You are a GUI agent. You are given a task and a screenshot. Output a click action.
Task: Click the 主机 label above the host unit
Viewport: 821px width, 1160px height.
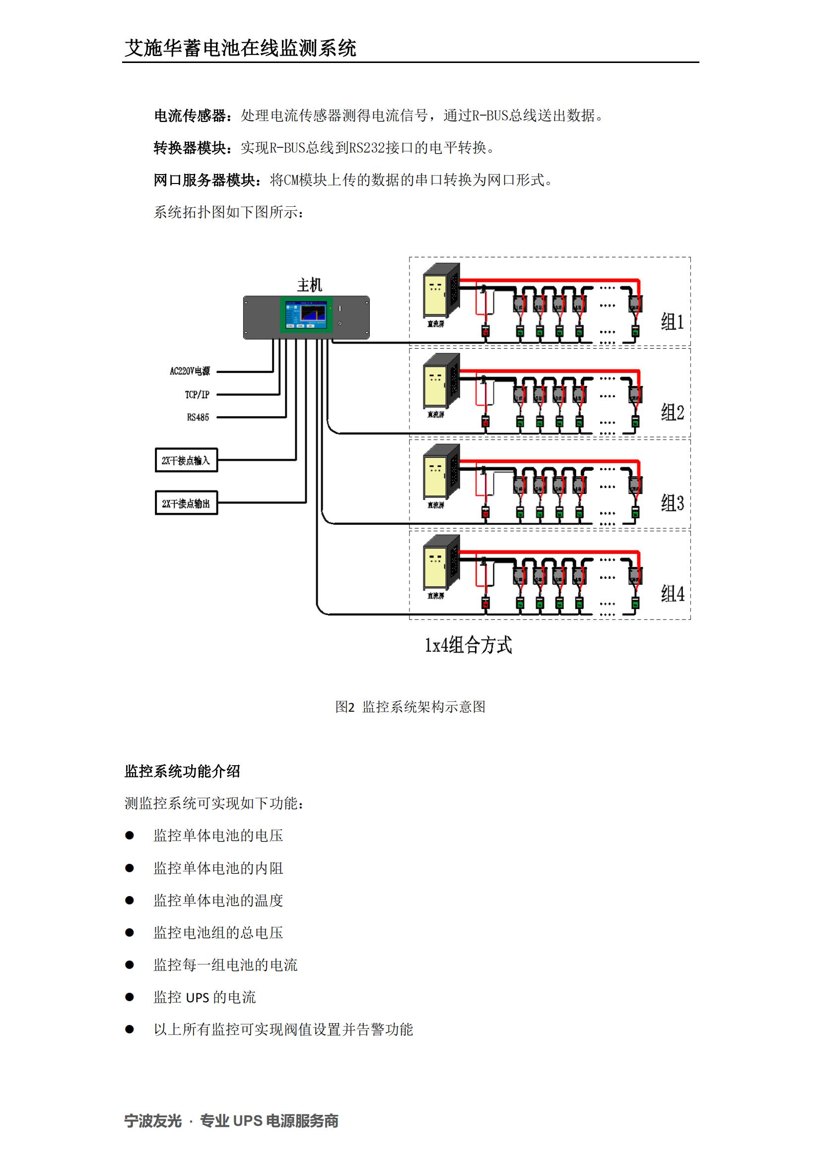(309, 285)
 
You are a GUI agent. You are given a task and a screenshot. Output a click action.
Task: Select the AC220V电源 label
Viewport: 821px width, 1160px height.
(190, 371)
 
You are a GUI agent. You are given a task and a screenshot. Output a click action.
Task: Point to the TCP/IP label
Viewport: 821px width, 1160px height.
(197, 395)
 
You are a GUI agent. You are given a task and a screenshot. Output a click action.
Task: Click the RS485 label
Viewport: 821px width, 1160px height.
(198, 417)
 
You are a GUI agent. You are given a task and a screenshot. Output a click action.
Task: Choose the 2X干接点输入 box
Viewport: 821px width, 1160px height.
(186, 460)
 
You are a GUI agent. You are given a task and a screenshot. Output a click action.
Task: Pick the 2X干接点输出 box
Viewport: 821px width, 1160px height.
(186, 503)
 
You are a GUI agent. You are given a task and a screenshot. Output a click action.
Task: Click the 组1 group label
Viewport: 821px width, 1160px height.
(672, 322)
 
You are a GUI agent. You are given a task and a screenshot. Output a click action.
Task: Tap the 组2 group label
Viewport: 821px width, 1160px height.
(672, 413)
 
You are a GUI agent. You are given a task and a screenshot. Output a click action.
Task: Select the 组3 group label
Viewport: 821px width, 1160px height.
(672, 503)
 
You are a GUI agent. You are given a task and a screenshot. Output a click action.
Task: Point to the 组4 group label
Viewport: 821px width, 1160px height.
(672, 594)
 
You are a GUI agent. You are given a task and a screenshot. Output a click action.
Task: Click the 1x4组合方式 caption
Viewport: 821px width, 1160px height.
(468, 645)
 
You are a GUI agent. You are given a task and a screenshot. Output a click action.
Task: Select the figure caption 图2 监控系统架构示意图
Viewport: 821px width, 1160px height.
(410, 706)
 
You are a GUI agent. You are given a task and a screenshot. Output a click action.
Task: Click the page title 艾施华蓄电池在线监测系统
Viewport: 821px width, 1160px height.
(240, 48)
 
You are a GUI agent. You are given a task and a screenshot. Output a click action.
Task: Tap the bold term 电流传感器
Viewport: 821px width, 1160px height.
(190, 116)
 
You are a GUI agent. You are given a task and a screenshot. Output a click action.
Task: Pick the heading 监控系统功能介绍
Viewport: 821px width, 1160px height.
(182, 771)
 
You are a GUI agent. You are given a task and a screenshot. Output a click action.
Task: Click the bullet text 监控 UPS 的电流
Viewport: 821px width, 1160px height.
(205, 997)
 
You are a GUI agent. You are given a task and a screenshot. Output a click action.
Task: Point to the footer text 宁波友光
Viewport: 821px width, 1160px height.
(153, 1121)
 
